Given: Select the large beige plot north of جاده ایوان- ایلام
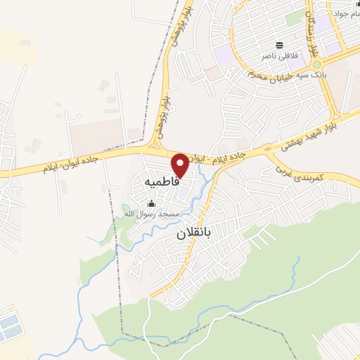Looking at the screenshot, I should (98, 136).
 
